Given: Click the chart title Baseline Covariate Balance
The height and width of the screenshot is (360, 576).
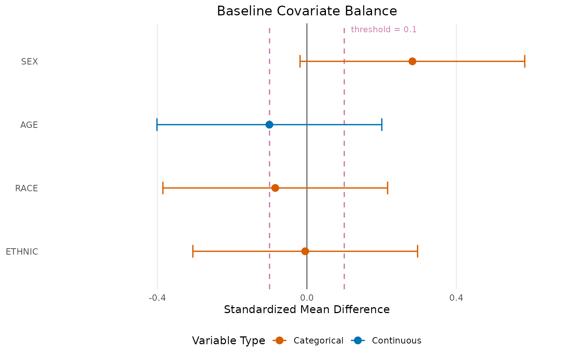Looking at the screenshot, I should coord(307,11).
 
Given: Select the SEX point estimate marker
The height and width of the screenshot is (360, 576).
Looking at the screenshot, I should coord(412,61).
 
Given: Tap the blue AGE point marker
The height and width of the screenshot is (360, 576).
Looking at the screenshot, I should coord(269,124).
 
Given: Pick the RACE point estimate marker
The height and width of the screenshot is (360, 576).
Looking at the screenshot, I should coord(275,188).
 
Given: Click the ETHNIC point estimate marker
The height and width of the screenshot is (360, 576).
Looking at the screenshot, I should coord(305,251).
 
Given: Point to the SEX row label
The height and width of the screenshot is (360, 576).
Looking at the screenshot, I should coord(30,61).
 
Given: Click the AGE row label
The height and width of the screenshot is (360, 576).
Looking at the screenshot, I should coord(29,125).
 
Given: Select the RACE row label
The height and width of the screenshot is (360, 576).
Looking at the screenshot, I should coord(27,188).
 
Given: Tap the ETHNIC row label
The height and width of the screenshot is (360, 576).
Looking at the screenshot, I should coord(22,252).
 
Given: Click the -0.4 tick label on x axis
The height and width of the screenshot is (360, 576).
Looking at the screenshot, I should coord(157,298).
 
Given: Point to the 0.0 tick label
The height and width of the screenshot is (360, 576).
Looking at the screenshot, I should coord(307,298).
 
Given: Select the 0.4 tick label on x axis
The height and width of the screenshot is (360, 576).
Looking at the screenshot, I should coord(456,298).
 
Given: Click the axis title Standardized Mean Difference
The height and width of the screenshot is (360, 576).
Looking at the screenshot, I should coord(307,310).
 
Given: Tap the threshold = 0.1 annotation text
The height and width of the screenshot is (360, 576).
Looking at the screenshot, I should coord(384,30).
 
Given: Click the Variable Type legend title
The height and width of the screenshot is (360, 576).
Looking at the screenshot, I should coord(228,340).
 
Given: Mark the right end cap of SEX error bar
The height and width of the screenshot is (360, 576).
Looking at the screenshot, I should coord(524,61).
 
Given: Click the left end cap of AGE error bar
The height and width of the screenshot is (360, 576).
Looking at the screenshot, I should coord(157,124).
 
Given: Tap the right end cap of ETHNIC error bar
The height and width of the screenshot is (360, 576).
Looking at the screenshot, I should coord(417,251).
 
